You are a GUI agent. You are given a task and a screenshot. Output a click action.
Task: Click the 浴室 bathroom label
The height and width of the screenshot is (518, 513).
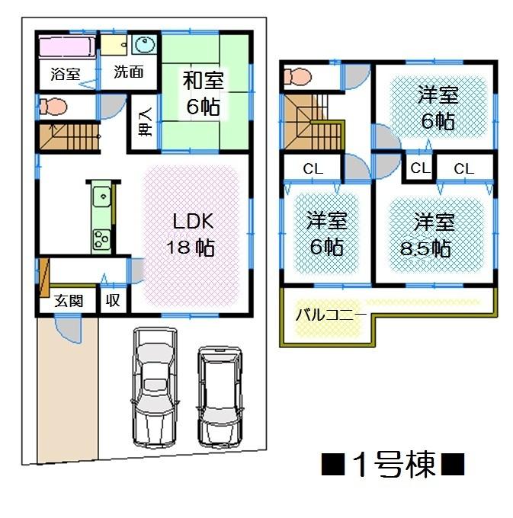(65, 74)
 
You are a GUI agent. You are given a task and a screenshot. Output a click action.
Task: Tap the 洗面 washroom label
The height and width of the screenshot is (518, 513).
(128, 72)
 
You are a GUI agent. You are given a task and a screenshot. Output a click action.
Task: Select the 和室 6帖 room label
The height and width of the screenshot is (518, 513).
(203, 92)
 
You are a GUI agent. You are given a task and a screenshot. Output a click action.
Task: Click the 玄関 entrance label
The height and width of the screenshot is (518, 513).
(67, 300)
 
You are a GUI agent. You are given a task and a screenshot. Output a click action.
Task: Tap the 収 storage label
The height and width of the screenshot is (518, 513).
(113, 300)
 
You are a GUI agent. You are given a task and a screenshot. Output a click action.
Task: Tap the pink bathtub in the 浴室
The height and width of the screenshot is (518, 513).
(66, 48)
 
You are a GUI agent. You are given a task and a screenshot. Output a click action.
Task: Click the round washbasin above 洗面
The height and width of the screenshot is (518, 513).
(143, 45)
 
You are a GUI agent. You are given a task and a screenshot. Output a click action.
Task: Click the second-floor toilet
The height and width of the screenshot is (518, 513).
(298, 76)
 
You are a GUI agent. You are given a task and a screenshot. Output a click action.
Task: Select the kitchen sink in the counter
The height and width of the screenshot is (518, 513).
(101, 199)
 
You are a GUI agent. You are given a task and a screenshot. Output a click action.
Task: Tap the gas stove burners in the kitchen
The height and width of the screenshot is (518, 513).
(101, 238)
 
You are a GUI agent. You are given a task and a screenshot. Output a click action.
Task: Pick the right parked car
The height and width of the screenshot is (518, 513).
(219, 396)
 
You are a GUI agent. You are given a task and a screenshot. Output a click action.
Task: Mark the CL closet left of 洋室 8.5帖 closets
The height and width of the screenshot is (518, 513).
(418, 168)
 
